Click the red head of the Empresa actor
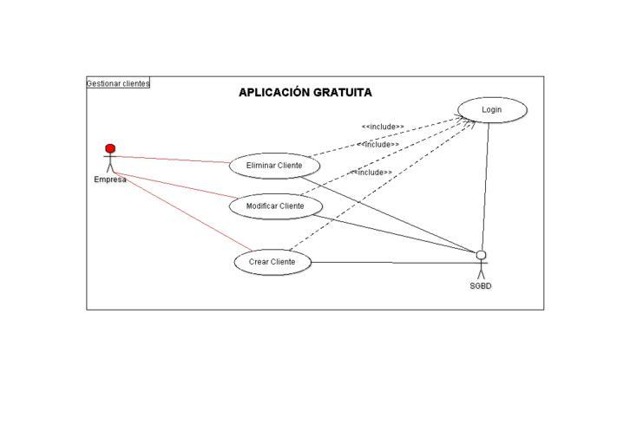110,148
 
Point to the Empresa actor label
110,180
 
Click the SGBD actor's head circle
481,255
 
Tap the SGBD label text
481,286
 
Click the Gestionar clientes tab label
118,83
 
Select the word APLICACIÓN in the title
274,92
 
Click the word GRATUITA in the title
342,92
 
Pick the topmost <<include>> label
383,127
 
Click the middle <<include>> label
378,145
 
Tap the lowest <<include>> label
371,173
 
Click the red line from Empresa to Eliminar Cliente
172,160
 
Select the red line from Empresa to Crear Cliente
183,212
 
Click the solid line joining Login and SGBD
485,186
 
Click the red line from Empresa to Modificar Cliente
175,185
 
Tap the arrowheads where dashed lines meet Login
466,121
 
